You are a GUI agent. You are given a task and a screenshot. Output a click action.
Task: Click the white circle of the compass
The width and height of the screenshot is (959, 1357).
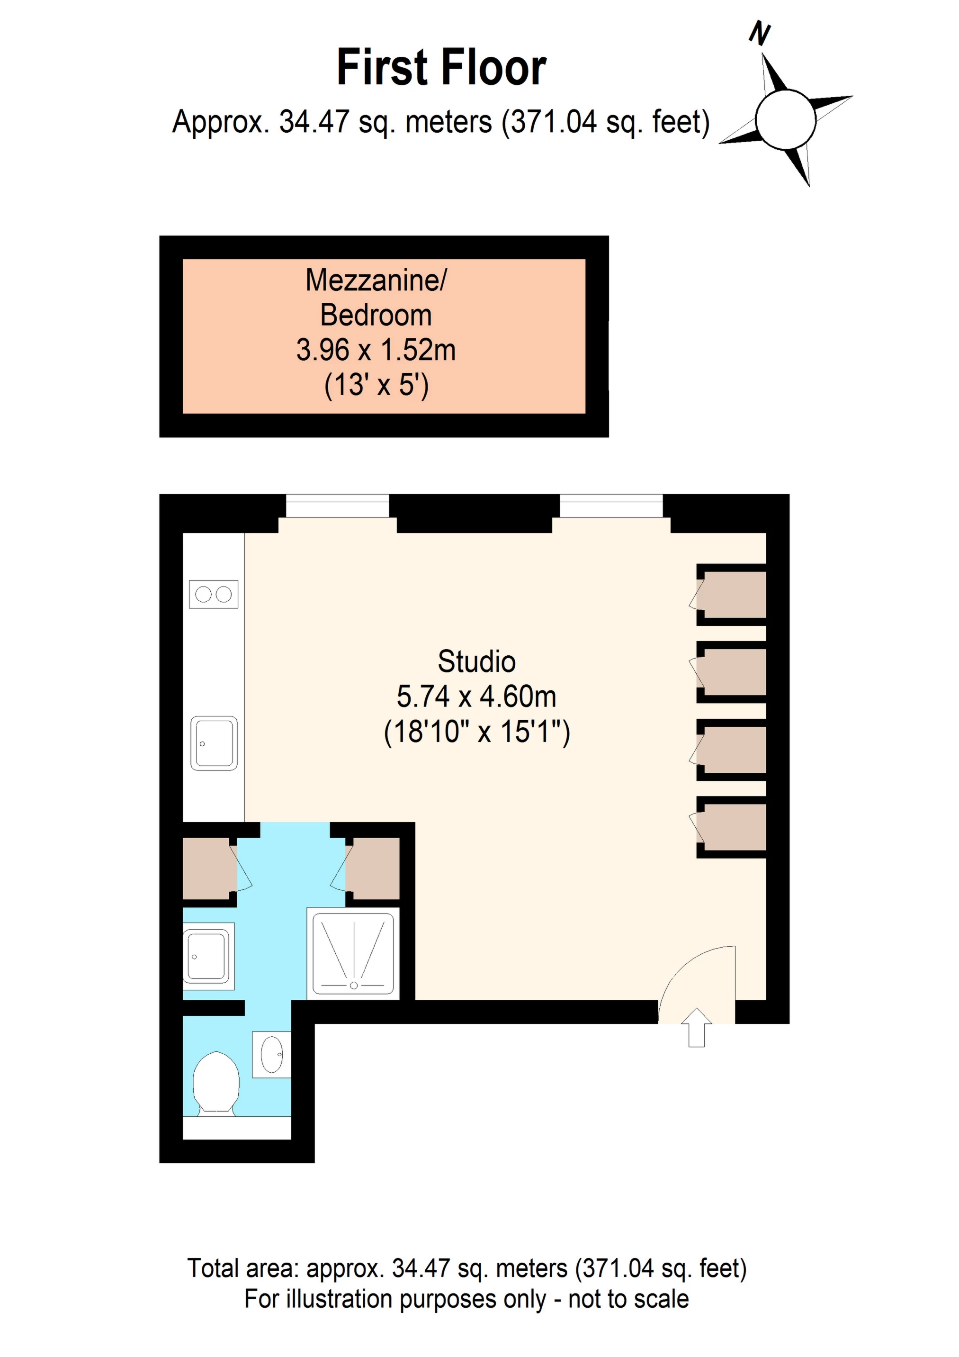tap(785, 119)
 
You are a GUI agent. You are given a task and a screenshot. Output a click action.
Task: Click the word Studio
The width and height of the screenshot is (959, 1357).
tap(476, 661)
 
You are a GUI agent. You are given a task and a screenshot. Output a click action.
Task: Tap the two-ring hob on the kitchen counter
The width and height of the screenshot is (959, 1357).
tap(213, 594)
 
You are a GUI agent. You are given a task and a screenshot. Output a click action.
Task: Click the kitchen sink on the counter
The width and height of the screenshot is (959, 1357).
tap(214, 743)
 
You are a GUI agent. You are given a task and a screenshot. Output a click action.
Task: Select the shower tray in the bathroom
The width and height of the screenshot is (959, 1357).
tap(353, 953)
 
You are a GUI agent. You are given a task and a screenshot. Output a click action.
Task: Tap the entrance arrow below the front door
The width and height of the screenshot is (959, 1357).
tap(697, 1027)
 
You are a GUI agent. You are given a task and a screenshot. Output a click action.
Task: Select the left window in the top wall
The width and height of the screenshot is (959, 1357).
tap(337, 506)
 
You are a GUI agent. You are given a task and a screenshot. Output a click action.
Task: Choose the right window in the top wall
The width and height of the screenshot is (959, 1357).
tap(611, 506)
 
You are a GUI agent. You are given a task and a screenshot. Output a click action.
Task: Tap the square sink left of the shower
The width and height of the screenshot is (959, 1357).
tap(207, 956)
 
